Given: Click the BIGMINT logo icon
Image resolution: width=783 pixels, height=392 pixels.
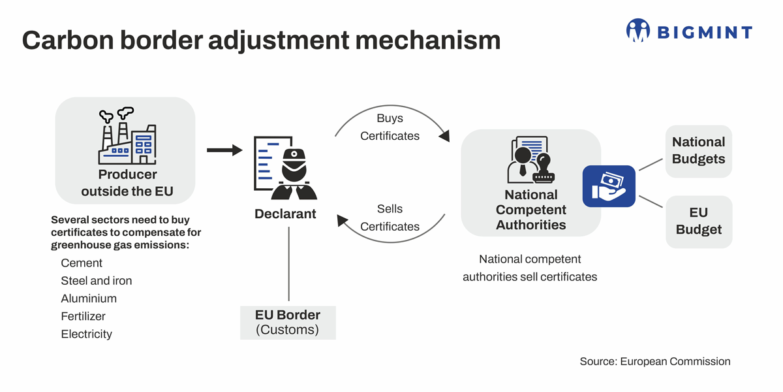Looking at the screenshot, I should [637, 30].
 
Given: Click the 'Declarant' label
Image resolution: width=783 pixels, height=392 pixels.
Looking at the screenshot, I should [285, 214].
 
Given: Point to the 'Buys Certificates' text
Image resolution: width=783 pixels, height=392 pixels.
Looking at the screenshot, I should [390, 127].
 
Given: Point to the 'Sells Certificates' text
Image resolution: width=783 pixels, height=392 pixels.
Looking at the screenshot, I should [390, 218].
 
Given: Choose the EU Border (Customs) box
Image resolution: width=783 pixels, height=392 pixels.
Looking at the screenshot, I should [288, 322].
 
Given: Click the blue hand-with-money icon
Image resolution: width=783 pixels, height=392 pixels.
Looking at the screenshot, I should [609, 186].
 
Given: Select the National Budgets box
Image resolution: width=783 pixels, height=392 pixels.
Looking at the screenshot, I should [698, 151].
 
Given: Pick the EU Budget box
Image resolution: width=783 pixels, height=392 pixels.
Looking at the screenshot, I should [698, 221].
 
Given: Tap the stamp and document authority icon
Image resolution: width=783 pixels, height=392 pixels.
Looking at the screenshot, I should [530, 160].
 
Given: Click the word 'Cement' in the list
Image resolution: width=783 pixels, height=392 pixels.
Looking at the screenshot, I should [82, 263].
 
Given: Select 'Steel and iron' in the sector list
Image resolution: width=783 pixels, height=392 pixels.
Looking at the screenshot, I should [97, 281].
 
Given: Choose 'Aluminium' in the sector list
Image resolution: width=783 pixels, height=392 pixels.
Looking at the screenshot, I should [89, 299].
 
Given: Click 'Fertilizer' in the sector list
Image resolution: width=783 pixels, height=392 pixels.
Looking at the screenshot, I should [83, 316].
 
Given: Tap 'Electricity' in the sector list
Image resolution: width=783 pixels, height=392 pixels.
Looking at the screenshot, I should [87, 334].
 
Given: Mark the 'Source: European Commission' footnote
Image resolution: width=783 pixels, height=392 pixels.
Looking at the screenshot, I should [654, 361].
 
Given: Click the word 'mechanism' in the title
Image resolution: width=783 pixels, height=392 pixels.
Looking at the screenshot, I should [427, 41].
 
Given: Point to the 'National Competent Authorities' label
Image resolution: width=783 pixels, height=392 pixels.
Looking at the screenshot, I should [530, 210].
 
